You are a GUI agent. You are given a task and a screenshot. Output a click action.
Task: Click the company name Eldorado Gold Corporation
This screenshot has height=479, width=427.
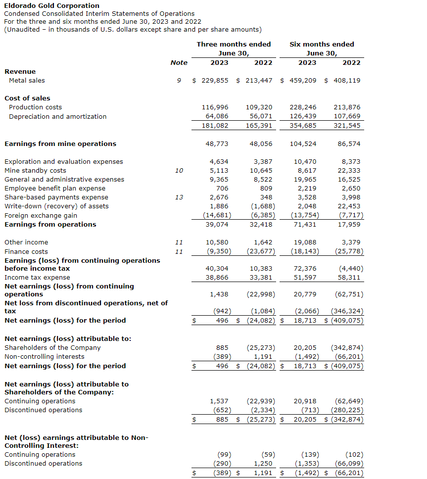pyautogui.click(x=51, y=5)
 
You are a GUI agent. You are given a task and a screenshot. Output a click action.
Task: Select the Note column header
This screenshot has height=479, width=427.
pyautogui.click(x=179, y=62)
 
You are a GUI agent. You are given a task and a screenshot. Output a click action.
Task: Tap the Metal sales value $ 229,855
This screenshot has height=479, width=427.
pyautogui.click(x=210, y=80)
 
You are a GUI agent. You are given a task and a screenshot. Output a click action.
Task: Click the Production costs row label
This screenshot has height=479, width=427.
pyautogui.click(x=36, y=107)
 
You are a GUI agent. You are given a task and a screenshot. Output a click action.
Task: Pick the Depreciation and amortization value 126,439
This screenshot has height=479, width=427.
pyautogui.click(x=303, y=116)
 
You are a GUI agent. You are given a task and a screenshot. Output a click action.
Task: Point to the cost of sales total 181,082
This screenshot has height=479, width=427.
pyautogui.click(x=215, y=126)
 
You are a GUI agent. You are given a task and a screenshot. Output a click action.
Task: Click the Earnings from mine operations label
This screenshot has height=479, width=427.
pyautogui.click(x=60, y=144)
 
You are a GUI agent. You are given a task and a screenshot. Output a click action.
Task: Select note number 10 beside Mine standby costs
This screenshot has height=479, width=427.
pyautogui.click(x=179, y=170)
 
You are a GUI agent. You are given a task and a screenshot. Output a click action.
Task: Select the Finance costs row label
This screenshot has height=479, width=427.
pyautogui.click(x=26, y=251)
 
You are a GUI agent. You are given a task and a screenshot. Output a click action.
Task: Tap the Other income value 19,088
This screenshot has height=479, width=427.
pyautogui.click(x=305, y=242)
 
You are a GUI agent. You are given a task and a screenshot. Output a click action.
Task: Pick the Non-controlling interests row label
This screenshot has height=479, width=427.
pyautogui.click(x=45, y=356)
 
